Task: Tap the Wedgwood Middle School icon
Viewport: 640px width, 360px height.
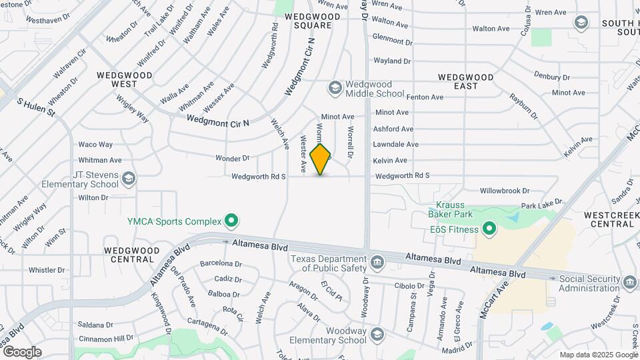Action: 334,87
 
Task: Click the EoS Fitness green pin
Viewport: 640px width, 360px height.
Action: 489,230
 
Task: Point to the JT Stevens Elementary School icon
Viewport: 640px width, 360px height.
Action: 129,178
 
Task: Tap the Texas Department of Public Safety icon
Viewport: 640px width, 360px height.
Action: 377,261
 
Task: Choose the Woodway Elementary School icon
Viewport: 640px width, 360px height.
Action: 377,335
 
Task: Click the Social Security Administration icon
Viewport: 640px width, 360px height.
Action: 629,282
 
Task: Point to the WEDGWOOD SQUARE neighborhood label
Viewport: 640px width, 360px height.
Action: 308,20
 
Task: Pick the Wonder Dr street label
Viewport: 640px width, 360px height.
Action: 232,159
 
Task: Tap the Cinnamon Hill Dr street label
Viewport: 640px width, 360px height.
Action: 87,338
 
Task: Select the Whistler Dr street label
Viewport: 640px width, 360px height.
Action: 47,270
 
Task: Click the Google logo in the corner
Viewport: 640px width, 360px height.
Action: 22,352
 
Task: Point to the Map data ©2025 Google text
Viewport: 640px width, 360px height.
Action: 598,355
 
